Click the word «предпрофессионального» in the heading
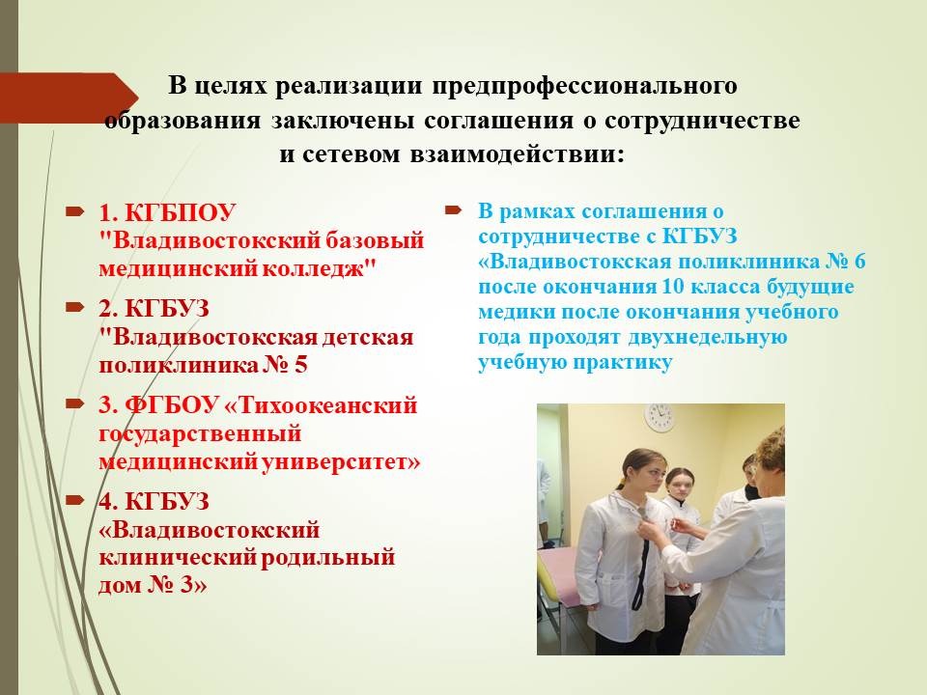[x=584, y=86]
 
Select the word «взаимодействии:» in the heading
[x=517, y=153]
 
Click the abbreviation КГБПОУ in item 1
[x=181, y=212]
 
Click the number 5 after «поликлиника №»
[x=301, y=365]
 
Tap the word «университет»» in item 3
[x=341, y=461]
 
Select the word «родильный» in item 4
[x=327, y=557]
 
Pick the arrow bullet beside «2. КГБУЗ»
[x=75, y=307]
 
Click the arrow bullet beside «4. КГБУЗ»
[x=75, y=500]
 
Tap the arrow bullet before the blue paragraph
[x=453, y=209]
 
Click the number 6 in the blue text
[x=859, y=262]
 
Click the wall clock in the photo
[x=660, y=417]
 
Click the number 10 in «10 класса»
[x=673, y=287]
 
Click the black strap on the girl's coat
[x=640, y=568]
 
